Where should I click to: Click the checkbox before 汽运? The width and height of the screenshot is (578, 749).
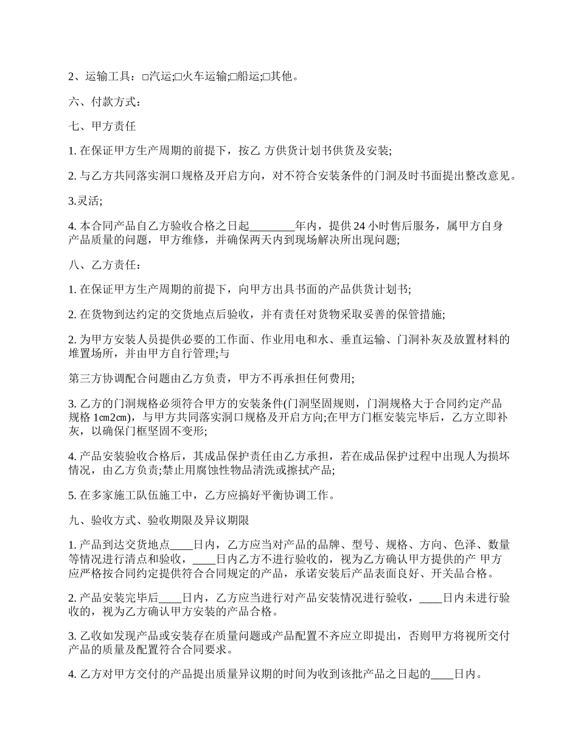145,77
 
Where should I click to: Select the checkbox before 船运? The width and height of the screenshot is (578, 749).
232,77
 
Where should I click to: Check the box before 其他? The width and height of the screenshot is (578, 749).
265,77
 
